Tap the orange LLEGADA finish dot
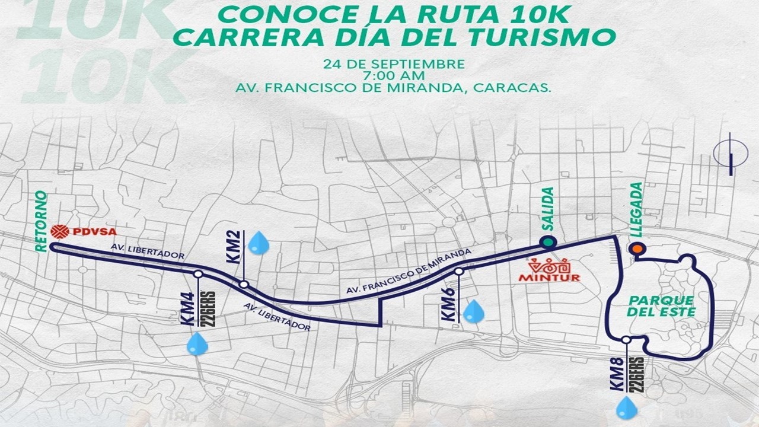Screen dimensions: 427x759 click(x=637, y=249)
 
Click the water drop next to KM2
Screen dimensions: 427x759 click(x=258, y=243)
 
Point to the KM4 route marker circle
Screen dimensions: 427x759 click(x=198, y=275)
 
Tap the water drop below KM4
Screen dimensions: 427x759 click(x=197, y=343)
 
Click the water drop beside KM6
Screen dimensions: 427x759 click(x=473, y=312)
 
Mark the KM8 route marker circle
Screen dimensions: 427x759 click(x=626, y=340)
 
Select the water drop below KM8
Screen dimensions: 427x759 click(x=625, y=407)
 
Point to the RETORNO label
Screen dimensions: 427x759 click(x=41, y=221)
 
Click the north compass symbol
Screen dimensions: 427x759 click(x=731, y=156)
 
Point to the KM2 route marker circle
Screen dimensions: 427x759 click(x=244, y=285)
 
